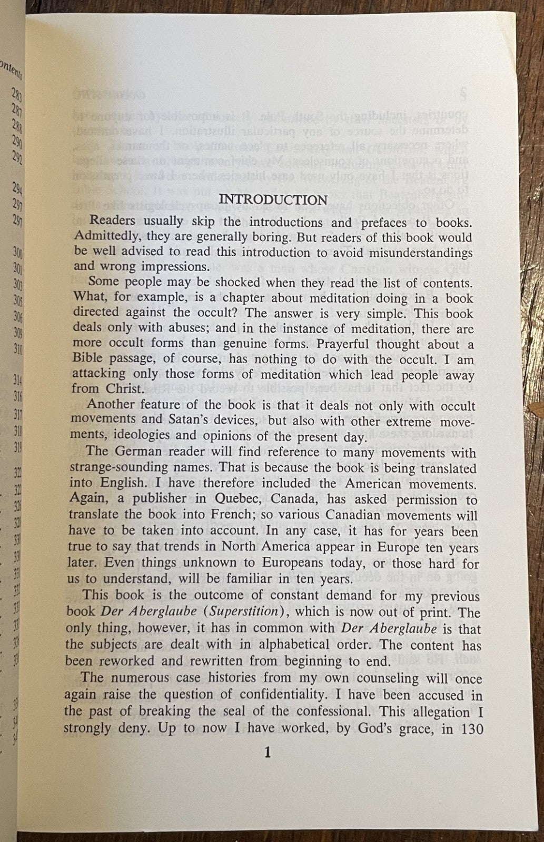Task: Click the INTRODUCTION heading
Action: coord(273,199)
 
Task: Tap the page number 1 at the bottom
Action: coord(267,754)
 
